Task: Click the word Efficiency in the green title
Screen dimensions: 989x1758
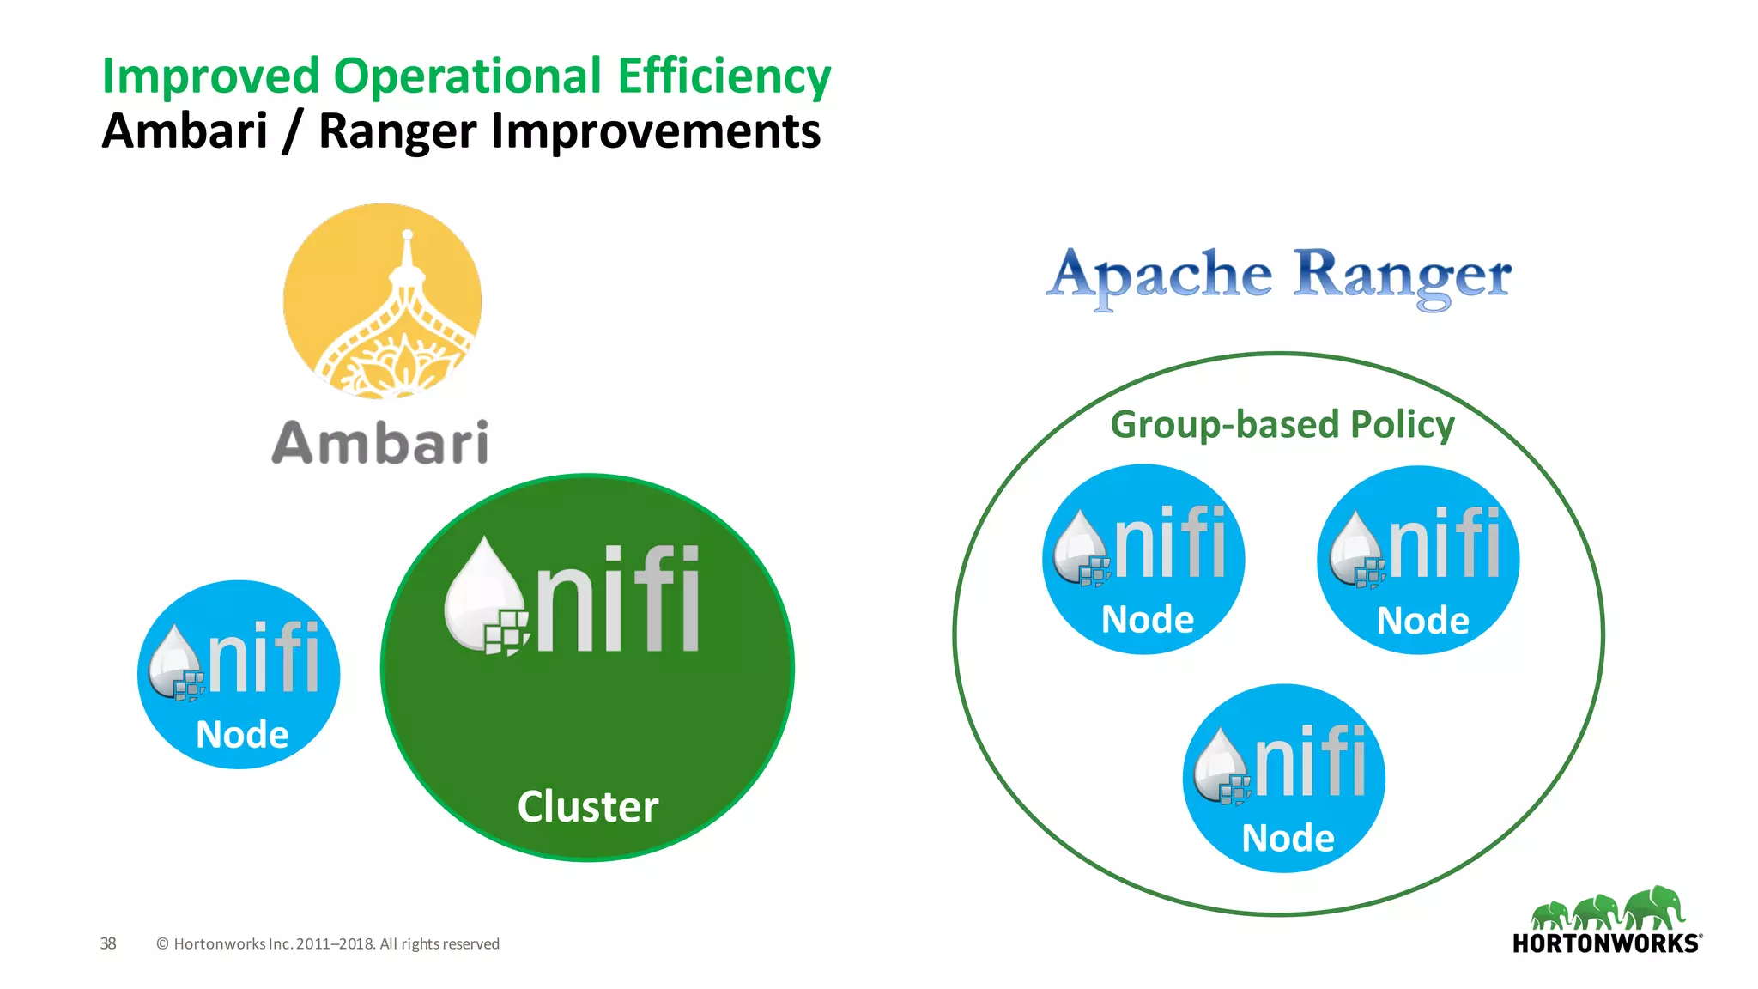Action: click(x=724, y=76)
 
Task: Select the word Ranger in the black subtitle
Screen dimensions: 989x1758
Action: click(x=397, y=131)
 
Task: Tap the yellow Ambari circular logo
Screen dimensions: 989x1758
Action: click(x=383, y=301)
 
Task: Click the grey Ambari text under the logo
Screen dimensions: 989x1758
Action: click(x=380, y=443)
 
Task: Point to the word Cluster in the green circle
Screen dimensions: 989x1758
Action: click(x=588, y=807)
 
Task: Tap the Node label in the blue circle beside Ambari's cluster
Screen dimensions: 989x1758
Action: click(x=242, y=735)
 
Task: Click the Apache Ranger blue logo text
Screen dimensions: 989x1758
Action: click(x=1278, y=276)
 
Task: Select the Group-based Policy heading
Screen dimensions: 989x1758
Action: click(x=1282, y=424)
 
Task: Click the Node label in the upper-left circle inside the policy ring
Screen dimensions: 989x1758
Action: click(x=1148, y=620)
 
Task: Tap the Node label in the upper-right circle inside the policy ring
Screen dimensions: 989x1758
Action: click(x=1422, y=621)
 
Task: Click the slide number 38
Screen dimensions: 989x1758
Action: click(x=108, y=943)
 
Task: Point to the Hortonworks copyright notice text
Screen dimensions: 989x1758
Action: click(x=328, y=944)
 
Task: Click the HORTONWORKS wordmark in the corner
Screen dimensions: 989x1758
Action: click(x=1605, y=943)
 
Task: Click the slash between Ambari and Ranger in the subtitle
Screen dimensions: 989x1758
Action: click(x=293, y=133)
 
